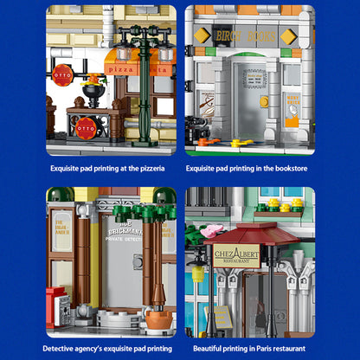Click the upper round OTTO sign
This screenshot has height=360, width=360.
click(62, 73)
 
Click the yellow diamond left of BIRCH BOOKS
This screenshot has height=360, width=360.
click(202, 35)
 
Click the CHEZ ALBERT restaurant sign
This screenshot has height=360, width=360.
click(236, 257)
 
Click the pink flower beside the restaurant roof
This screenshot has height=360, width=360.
click(213, 229)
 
